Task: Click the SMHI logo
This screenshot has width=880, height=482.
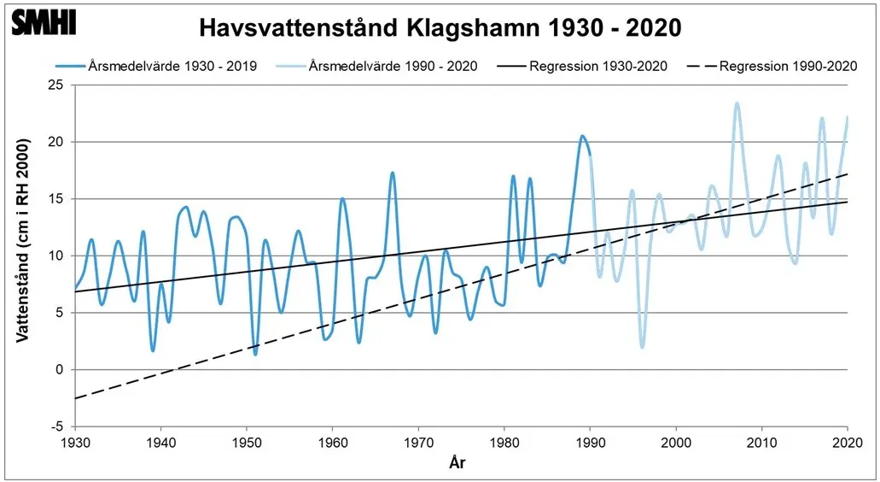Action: tap(44, 23)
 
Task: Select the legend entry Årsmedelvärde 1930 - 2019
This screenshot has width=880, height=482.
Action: tap(171, 66)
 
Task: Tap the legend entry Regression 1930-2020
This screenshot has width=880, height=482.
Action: tap(597, 66)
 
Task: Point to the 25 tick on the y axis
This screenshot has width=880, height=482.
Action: tap(56, 85)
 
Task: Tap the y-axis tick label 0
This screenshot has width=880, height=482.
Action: tap(60, 369)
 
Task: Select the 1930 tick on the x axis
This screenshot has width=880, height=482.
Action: tap(75, 442)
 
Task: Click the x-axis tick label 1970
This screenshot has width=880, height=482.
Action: tap(418, 442)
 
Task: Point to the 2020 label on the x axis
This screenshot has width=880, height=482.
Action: tap(847, 442)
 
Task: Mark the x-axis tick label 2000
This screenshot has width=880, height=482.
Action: tap(676, 442)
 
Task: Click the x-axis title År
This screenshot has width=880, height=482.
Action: tap(457, 463)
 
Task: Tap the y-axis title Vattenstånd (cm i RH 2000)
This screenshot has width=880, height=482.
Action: tap(25, 254)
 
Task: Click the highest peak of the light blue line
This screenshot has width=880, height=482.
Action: tap(737, 103)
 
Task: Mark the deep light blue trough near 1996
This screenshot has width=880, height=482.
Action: tap(642, 346)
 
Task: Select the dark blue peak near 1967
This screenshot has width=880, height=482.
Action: tap(393, 173)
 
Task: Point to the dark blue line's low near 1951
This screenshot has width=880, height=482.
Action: tap(255, 354)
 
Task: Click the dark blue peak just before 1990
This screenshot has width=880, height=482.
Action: tap(581, 136)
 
